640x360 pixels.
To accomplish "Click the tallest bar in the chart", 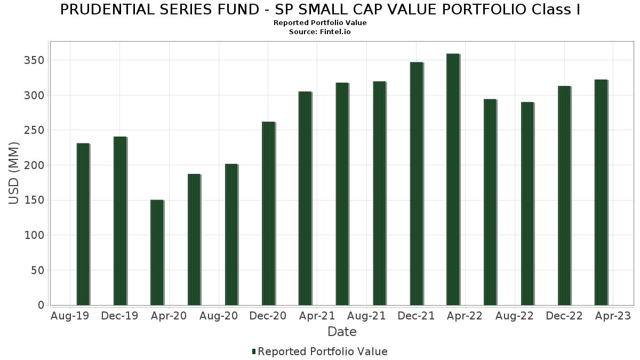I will pyautogui.click(x=453, y=179).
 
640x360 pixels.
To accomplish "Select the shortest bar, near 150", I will pyautogui.click(x=157, y=252).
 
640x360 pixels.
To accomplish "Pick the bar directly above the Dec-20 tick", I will pyautogui.click(x=268, y=213).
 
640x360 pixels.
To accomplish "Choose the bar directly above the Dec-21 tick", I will pyautogui.click(x=416, y=183).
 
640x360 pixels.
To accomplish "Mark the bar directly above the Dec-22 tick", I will pyautogui.click(x=564, y=195).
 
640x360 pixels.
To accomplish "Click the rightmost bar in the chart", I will pyautogui.click(x=601, y=193).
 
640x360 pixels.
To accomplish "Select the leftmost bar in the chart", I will pyautogui.click(x=83, y=224).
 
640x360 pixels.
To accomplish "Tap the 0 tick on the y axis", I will pyautogui.click(x=41, y=305).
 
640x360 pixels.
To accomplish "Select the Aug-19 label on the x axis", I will pyautogui.click(x=70, y=316).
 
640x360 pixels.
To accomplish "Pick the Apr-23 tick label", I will pyautogui.click(x=613, y=316).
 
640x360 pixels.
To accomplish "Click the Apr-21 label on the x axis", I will pyautogui.click(x=317, y=316).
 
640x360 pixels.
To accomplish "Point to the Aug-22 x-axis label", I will pyautogui.click(x=515, y=316).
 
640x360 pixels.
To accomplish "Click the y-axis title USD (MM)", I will pyautogui.click(x=14, y=173).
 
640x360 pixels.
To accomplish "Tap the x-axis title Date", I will pyautogui.click(x=342, y=332).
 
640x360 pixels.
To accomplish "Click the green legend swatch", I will pyautogui.click(x=254, y=351).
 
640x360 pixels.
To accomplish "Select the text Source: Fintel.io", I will pyautogui.click(x=320, y=32).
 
